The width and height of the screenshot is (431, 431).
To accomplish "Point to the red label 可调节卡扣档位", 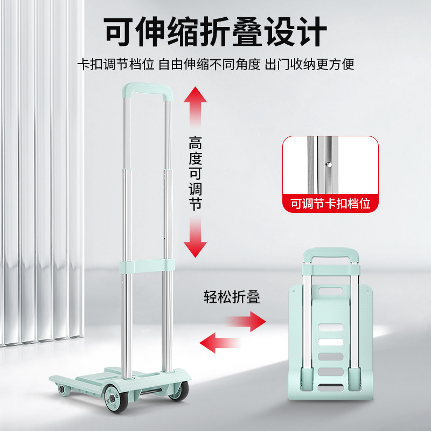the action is (331, 204).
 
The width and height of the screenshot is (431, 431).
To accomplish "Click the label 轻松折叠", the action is (232, 297).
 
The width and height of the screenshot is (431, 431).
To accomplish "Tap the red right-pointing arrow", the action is (246, 323).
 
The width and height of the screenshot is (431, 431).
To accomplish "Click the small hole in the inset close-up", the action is (327, 160).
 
